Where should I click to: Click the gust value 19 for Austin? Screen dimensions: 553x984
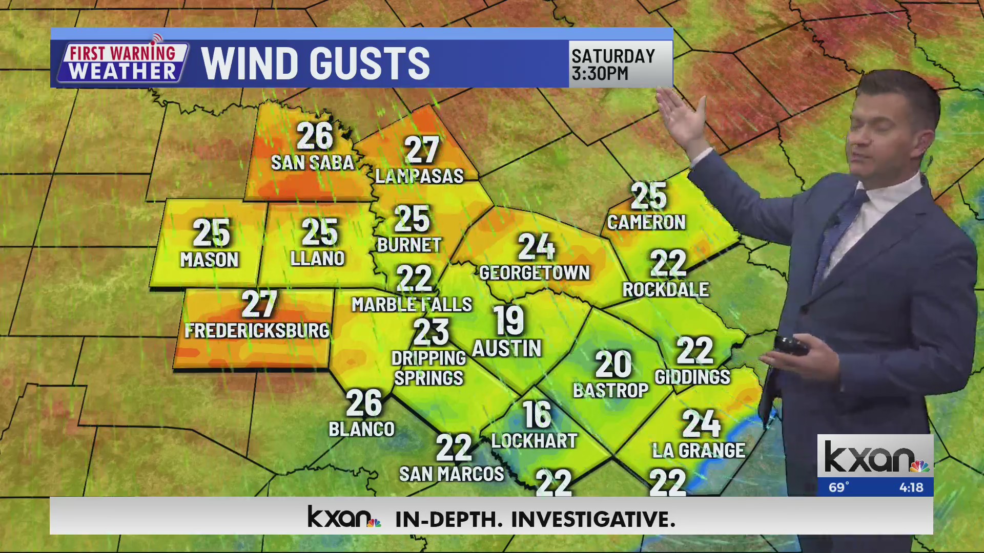[x=508, y=321]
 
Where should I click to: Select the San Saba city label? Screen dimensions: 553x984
[x=312, y=163]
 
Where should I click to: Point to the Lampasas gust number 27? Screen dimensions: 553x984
[x=422, y=150]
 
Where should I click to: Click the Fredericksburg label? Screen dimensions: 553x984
[x=257, y=331]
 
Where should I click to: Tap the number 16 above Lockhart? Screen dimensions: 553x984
[x=536, y=415]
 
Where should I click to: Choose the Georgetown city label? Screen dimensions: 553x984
[x=534, y=273]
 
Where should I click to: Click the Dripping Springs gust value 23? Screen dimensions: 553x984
[x=430, y=332]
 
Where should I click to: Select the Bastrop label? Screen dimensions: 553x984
[x=610, y=391]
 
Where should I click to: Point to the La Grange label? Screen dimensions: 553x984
[x=699, y=451]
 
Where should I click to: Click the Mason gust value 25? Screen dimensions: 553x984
[x=211, y=233]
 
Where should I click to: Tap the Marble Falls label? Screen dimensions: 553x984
[x=412, y=305]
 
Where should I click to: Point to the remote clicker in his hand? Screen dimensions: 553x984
[x=791, y=346]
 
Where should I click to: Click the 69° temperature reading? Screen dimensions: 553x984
[x=839, y=487]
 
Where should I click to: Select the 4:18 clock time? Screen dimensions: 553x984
[x=911, y=487]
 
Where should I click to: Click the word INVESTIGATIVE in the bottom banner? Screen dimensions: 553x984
[x=593, y=519]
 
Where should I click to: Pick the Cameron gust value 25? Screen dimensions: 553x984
[x=648, y=196]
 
